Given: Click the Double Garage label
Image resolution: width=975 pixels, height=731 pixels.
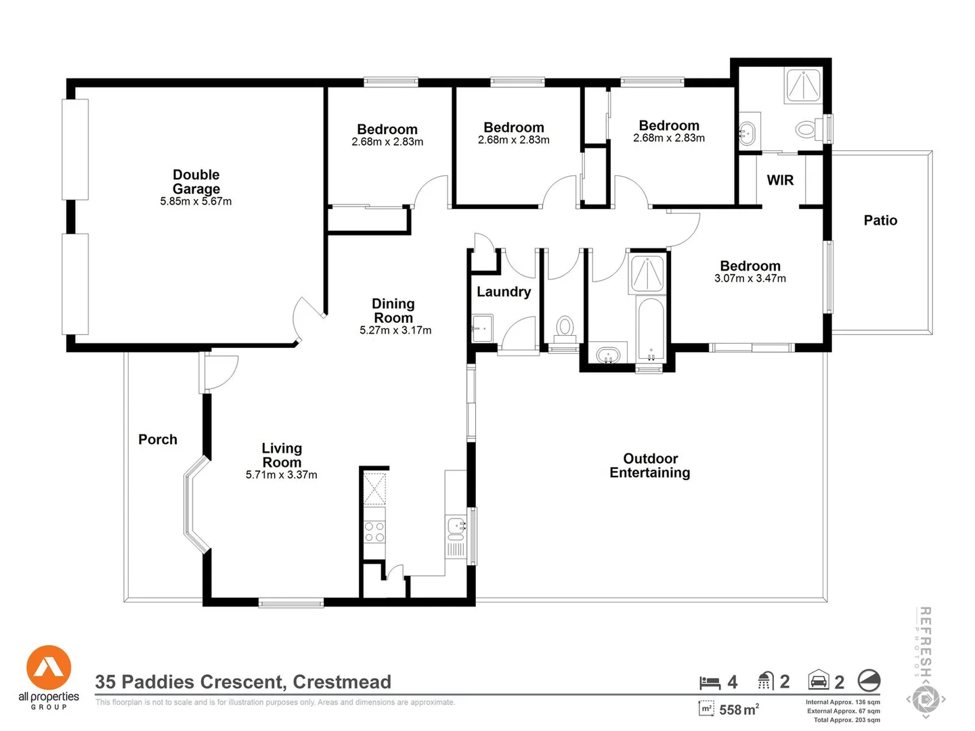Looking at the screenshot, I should coord(196,182).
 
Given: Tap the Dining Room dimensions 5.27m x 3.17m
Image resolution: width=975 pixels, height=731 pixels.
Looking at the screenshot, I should coord(395,330).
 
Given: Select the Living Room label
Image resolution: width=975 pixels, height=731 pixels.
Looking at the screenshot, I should coord(282,455).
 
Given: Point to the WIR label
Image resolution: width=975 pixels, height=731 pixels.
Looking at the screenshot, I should coord(780,180).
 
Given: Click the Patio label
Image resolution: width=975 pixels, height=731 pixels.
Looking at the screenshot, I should coord(880,220).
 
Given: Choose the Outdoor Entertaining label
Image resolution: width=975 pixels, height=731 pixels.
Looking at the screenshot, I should coord(650,466).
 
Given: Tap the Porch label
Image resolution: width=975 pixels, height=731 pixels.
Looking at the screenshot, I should coord(158,439).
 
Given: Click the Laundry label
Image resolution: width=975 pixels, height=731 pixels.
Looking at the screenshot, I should coord(504,292).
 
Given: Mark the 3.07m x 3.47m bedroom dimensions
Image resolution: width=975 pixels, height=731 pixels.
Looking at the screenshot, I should coord(750,278).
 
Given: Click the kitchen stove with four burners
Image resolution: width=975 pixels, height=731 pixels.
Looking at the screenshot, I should coord(374,532).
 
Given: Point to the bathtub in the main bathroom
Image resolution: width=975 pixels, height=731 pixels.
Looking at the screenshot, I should coord(651,330).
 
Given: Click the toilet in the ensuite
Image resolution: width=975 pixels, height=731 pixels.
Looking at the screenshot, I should coord(806,129).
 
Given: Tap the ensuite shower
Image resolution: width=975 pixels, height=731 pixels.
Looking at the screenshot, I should coord(803,85).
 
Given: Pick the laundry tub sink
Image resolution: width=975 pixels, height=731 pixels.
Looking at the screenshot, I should coord(482,328).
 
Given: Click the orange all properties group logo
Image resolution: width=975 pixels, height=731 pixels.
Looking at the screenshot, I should coord(49,668).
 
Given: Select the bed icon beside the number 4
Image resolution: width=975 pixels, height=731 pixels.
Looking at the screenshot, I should coord(710,682).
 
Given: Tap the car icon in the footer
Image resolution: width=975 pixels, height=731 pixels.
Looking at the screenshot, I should coord(819,680).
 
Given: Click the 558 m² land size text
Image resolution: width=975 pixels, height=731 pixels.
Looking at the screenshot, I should coord(739,709).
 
